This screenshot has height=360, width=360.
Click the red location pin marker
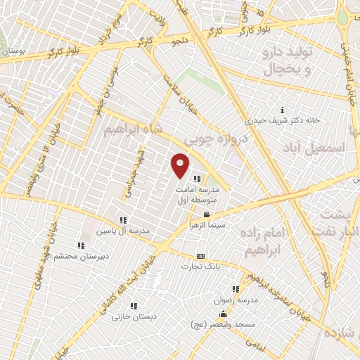tap(181, 165)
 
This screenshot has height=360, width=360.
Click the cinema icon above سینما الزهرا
tap(206, 214)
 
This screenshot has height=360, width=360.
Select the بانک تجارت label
tap(201, 266)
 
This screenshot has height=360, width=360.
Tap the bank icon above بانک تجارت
tap(201, 256)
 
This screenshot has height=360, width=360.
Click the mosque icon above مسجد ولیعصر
tap(223, 314)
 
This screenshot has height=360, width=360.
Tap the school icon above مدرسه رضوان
tap(236, 288)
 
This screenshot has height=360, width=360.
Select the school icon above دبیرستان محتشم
tap(81, 245)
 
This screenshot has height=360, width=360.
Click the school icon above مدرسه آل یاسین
tap(124, 220)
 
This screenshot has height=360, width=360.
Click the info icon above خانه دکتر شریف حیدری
tap(282, 110)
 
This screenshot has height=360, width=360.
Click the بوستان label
tap(15, 51)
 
